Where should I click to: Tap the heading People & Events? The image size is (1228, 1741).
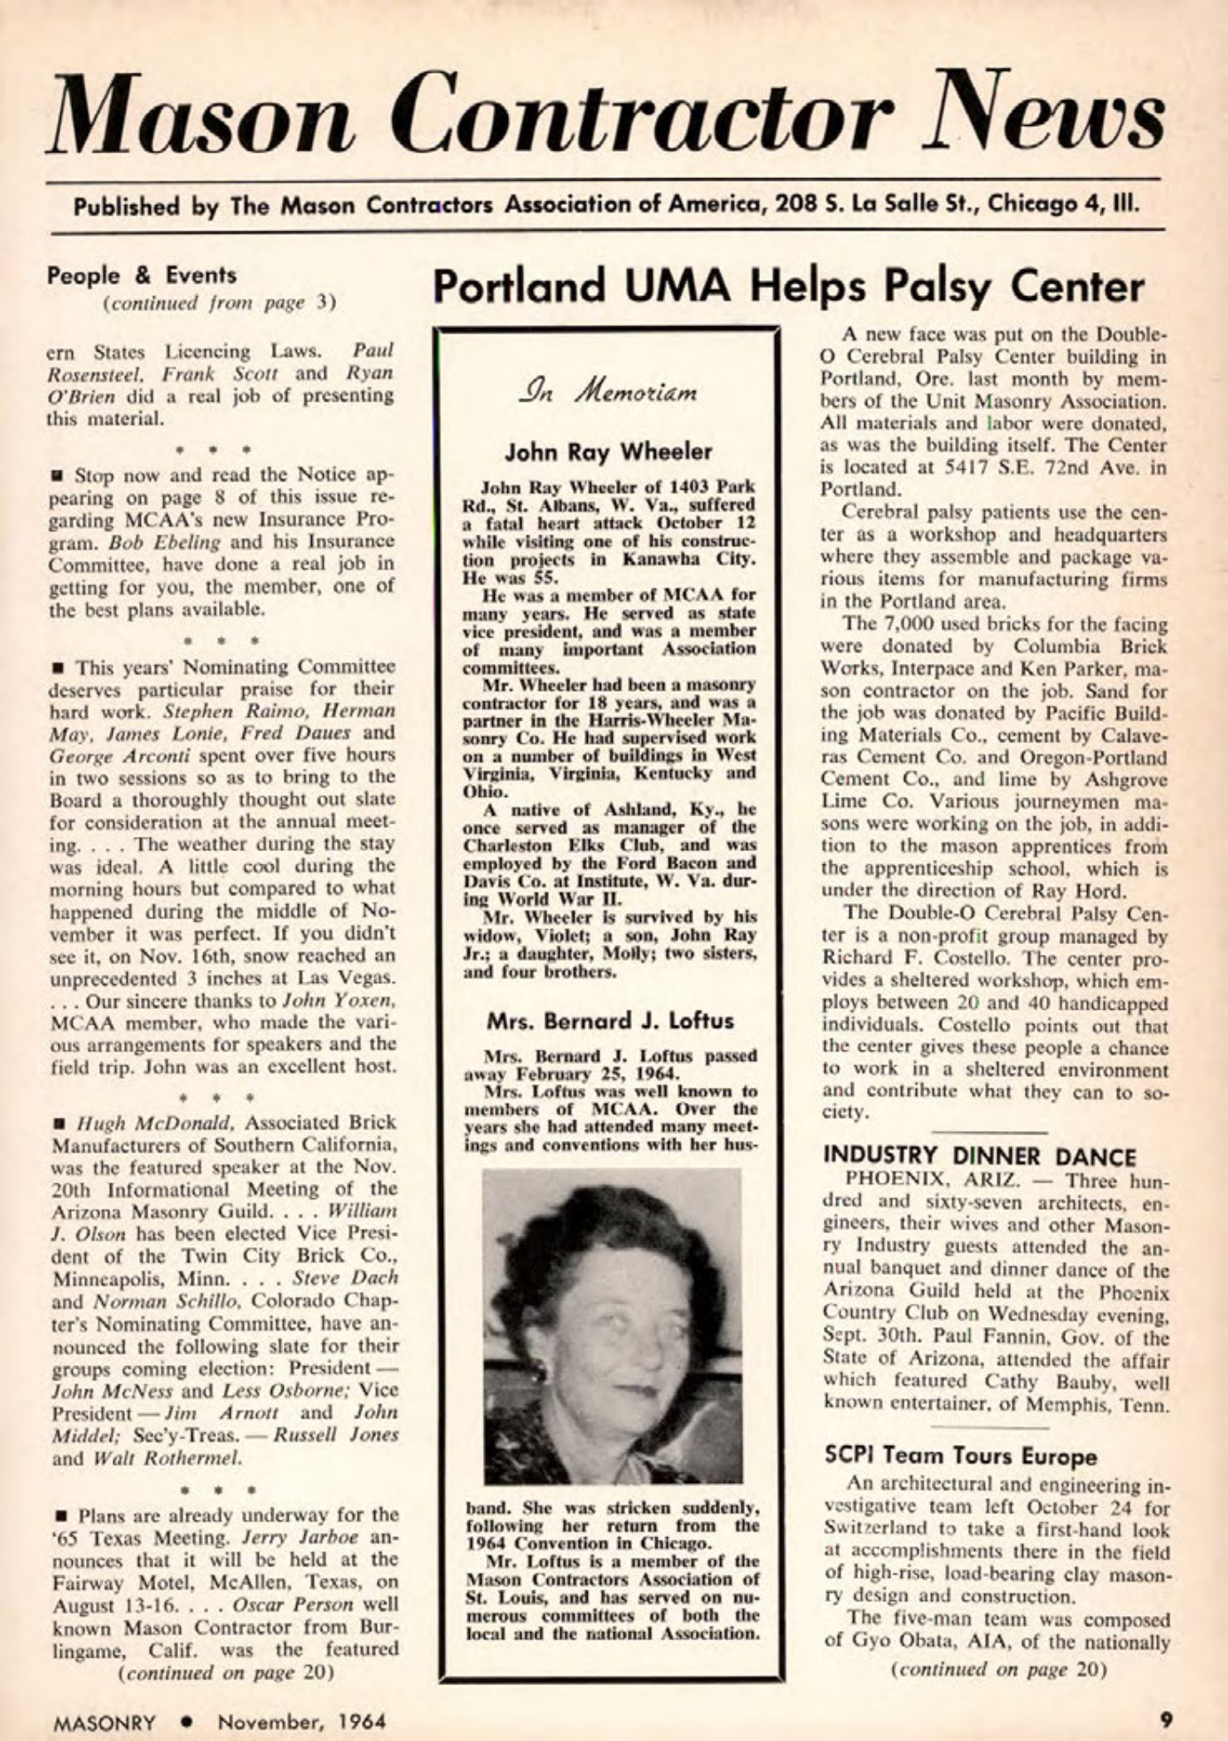click(142, 275)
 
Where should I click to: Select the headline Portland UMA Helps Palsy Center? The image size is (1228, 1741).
click(788, 287)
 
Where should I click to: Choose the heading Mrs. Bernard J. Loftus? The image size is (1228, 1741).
click(610, 1020)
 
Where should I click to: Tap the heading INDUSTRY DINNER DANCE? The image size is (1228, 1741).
click(980, 1157)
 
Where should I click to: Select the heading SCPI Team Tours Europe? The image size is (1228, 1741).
click(960, 1456)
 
